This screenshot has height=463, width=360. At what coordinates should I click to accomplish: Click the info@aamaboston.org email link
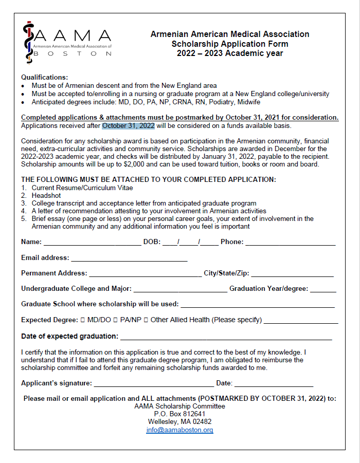tap(179, 430)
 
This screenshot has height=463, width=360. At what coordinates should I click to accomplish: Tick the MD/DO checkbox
tap(83, 320)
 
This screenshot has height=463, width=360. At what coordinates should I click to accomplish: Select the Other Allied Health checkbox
tap(146, 320)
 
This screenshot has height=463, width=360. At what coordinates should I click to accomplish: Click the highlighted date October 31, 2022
tap(128, 125)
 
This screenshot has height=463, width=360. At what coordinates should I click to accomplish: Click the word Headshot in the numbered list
tap(46, 196)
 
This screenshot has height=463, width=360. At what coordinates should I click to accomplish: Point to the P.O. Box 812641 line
tap(179, 414)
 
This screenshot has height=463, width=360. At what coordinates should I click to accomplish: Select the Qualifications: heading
tap(44, 78)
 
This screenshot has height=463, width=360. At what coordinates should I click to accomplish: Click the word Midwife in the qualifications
tap(248, 102)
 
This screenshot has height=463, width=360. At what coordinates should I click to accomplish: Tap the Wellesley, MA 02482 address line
tap(179, 422)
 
